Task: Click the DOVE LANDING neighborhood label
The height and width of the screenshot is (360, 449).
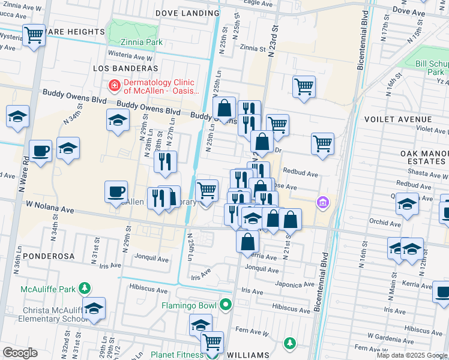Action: [184, 12]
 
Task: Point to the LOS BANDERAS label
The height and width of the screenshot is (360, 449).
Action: [125, 69]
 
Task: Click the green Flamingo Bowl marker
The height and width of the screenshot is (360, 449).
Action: [225, 305]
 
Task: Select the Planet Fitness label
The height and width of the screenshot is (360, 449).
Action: [177, 355]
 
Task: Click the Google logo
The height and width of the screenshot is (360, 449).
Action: [20, 353]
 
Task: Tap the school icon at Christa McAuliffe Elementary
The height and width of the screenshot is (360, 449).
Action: [94, 308]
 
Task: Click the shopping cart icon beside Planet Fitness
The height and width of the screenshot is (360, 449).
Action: [212, 342]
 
